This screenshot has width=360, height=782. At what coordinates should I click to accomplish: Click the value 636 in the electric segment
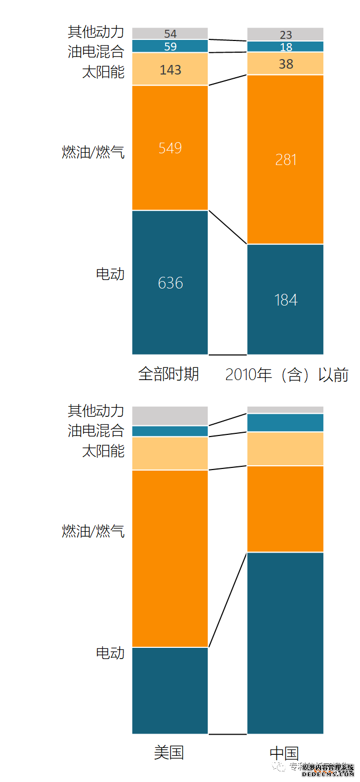[170, 283]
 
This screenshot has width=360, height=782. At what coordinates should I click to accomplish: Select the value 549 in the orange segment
[170, 147]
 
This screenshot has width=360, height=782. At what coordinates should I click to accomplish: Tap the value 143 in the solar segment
[170, 70]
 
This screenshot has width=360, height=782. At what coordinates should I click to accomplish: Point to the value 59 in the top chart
[170, 46]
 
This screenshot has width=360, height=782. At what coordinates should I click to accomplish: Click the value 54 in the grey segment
[170, 34]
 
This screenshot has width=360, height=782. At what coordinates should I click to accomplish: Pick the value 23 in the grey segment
[286, 35]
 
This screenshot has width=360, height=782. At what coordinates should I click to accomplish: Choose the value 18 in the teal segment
[286, 47]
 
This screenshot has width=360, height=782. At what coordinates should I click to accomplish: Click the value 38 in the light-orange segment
[286, 64]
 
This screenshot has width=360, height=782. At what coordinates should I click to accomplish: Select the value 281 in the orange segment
[286, 160]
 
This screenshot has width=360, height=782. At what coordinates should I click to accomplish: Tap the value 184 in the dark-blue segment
[286, 300]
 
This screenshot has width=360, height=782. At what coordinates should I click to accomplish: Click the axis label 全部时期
[169, 374]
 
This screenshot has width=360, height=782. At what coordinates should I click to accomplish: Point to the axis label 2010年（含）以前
[287, 375]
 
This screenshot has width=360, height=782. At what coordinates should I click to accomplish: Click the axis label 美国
[169, 752]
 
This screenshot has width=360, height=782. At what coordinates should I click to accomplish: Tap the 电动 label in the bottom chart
[110, 653]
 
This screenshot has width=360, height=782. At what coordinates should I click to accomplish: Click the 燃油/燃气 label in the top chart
[93, 153]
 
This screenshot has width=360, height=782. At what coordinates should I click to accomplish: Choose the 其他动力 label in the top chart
[96, 32]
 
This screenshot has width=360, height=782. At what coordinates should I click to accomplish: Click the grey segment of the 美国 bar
[170, 416]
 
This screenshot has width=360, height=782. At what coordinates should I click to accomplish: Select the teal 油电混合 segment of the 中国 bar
[285, 423]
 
